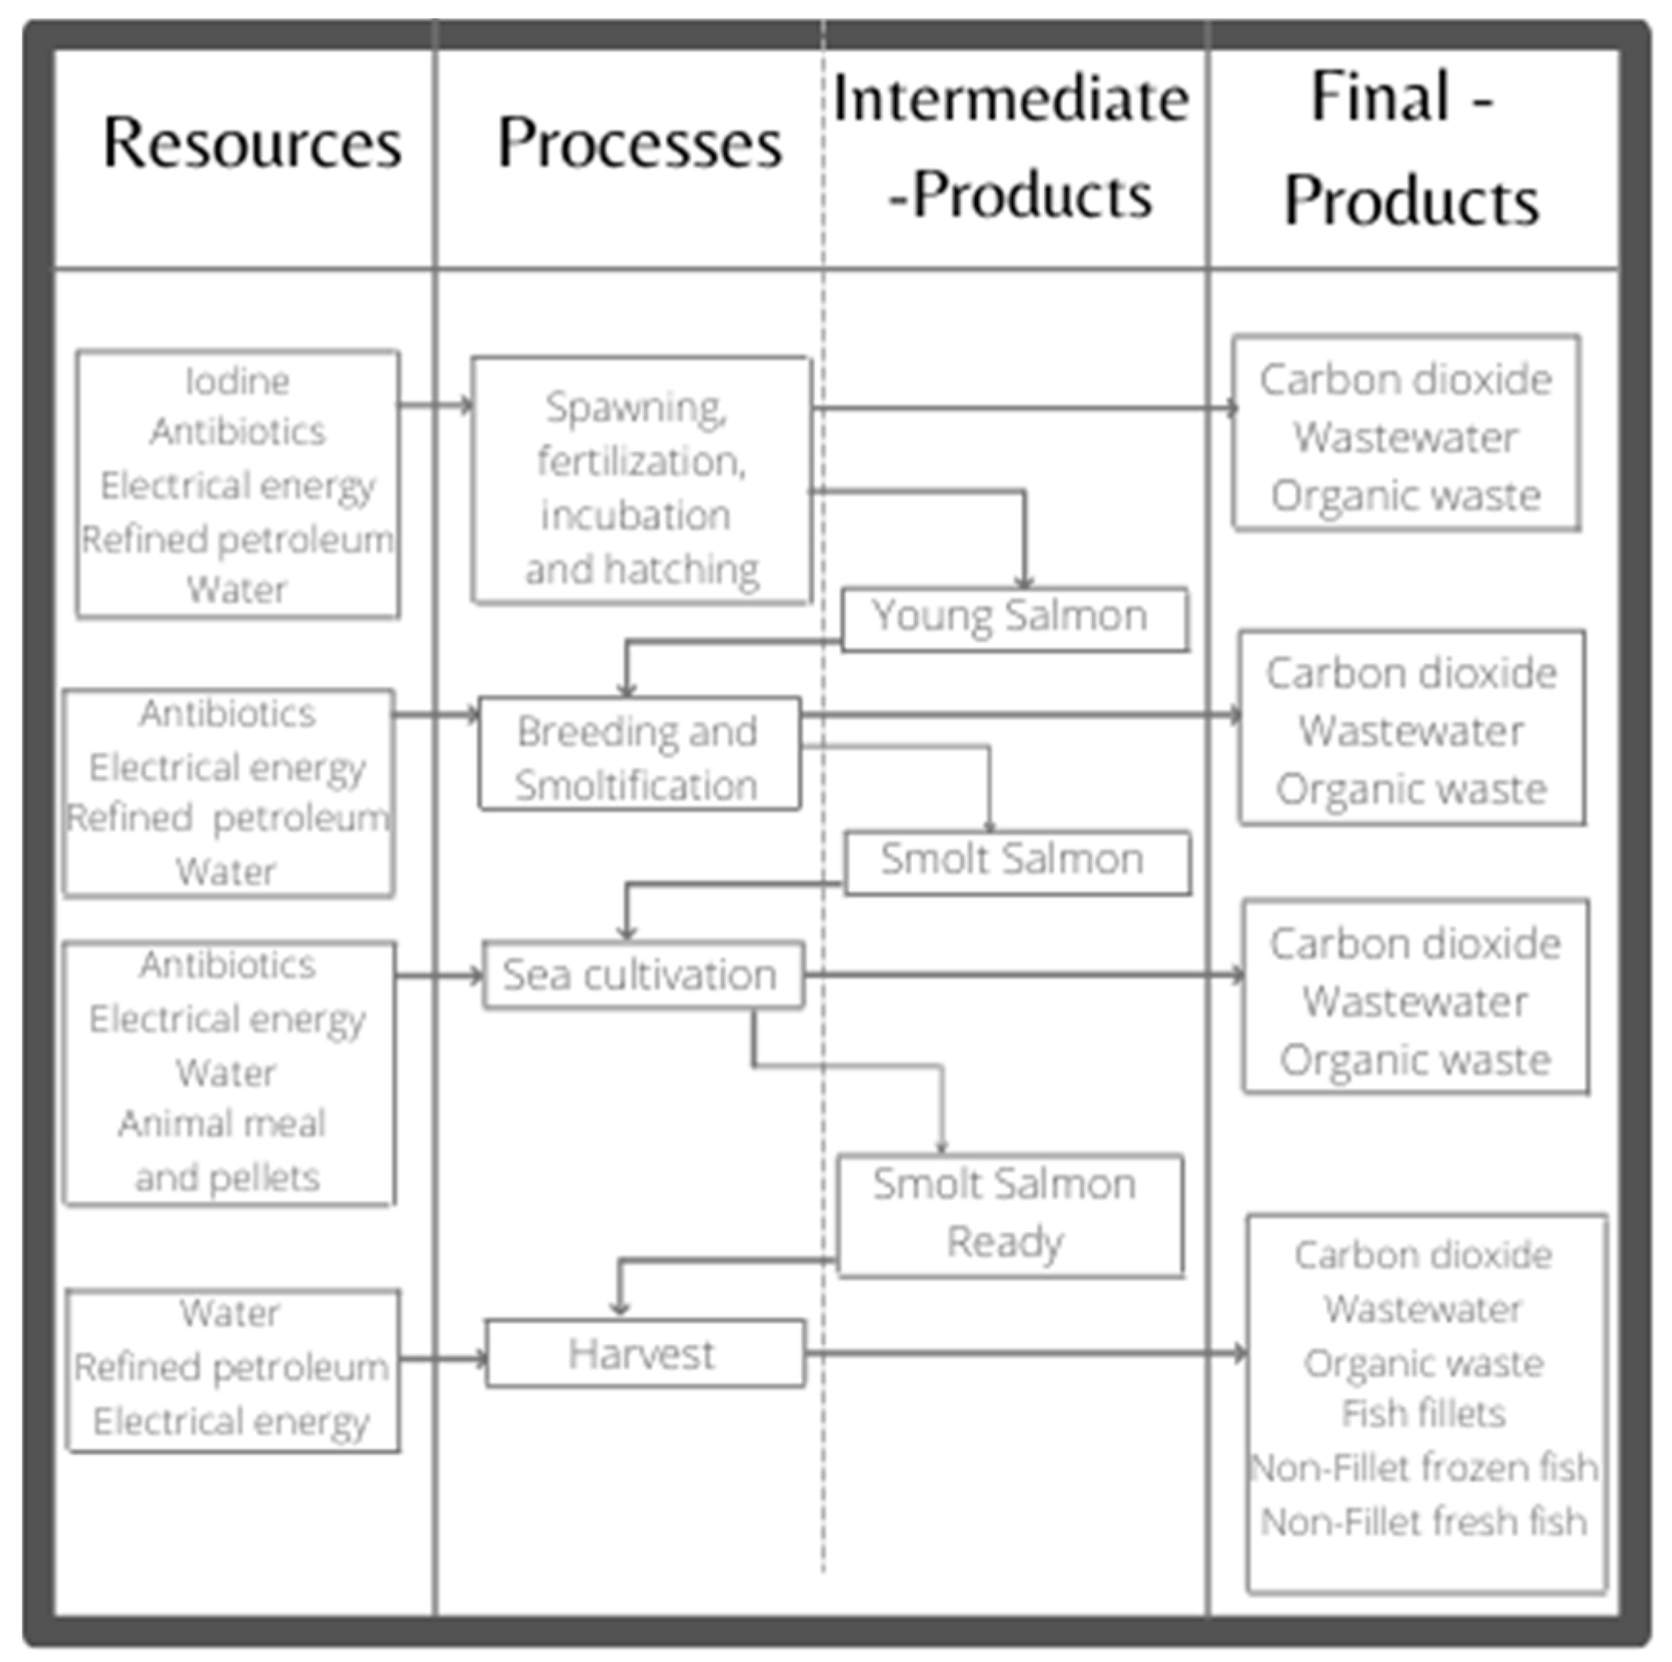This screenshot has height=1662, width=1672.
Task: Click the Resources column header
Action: (252, 143)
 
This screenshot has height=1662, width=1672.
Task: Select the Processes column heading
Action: (639, 143)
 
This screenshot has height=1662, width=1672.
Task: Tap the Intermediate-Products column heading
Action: (1012, 147)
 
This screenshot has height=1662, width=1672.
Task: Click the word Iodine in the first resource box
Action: (237, 382)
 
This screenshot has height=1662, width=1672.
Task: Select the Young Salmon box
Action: (1013, 618)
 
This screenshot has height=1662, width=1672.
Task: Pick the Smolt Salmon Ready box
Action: (1008, 1214)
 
